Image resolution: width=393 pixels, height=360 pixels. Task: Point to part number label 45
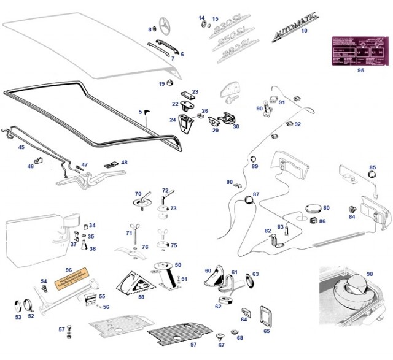click(21, 147)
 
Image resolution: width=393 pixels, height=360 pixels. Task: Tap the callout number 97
click(193, 345)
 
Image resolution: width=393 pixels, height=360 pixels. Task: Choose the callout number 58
click(141, 297)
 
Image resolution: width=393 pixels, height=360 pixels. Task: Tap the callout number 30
click(236, 127)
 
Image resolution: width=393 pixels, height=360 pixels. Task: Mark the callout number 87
click(257, 194)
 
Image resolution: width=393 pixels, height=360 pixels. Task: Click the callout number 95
click(360, 71)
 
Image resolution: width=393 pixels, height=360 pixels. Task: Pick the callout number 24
click(173, 120)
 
